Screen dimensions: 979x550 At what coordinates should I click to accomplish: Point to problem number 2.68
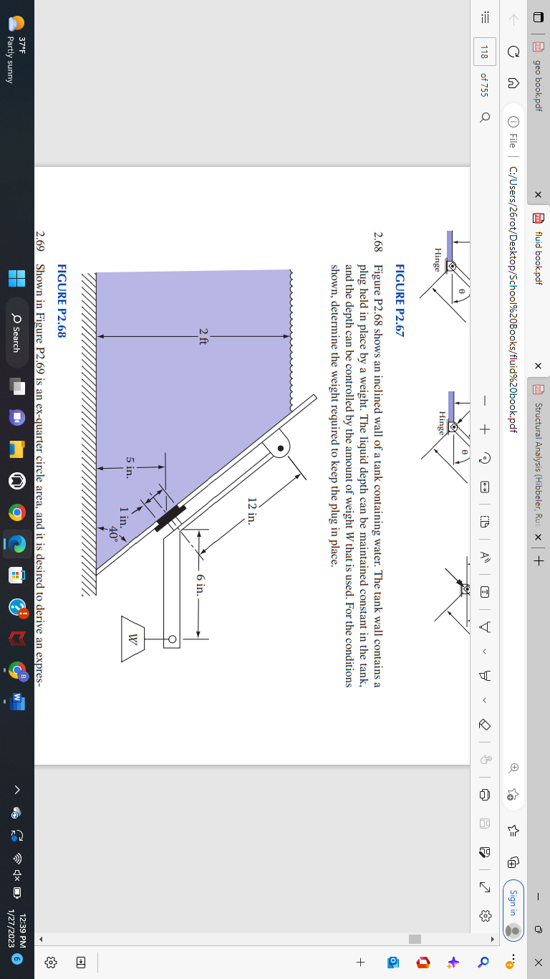377,244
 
